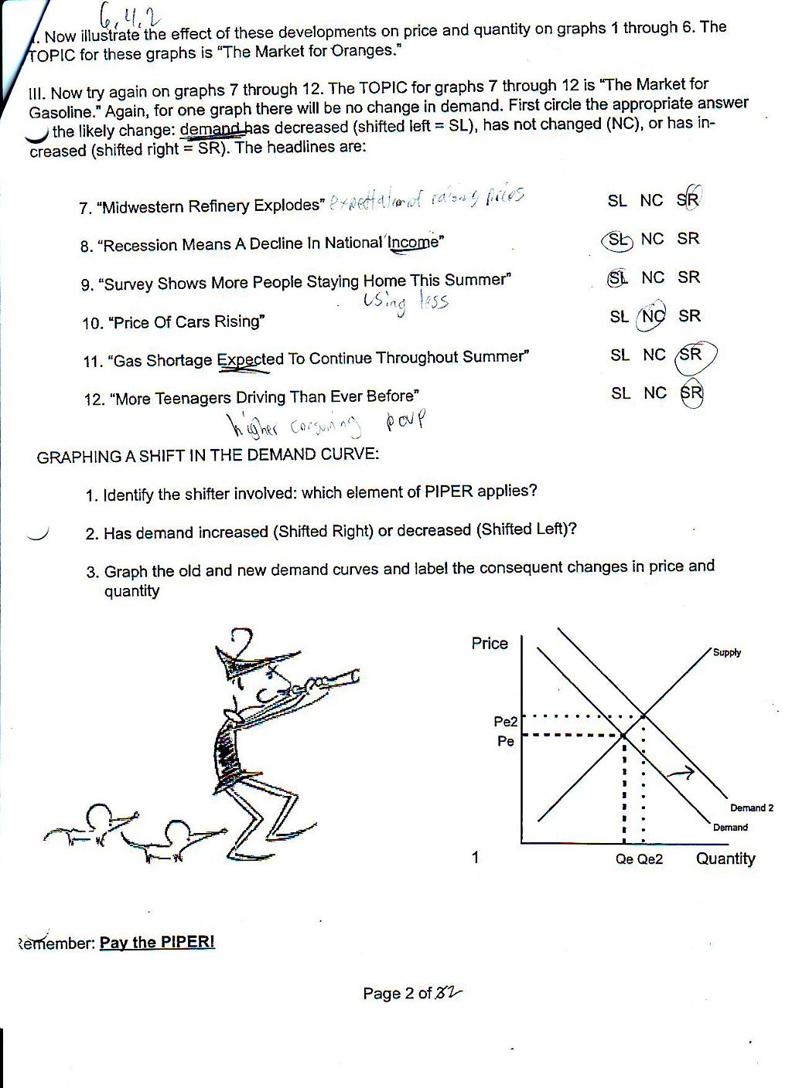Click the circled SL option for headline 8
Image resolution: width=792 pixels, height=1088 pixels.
[x=617, y=240]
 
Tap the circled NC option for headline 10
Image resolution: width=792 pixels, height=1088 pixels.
[x=652, y=317]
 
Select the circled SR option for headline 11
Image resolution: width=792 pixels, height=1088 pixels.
[x=691, y=355]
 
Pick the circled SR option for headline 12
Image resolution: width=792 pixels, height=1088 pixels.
[x=691, y=393]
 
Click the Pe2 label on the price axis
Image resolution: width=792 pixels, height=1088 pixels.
[x=505, y=722]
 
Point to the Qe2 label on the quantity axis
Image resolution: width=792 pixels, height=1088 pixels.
[x=650, y=859]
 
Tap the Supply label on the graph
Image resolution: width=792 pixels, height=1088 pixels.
[x=727, y=653]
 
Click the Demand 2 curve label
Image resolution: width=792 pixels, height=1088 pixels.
[x=751, y=808]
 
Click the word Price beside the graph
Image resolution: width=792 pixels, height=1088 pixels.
[x=490, y=644]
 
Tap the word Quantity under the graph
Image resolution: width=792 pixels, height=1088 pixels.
[x=725, y=858]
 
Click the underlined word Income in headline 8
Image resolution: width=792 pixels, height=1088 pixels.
[x=414, y=243]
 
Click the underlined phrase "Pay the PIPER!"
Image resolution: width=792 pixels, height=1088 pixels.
[x=157, y=943]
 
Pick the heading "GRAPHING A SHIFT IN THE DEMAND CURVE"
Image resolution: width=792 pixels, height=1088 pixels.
[x=208, y=456]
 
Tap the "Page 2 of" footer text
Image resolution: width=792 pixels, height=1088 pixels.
[x=397, y=994]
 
